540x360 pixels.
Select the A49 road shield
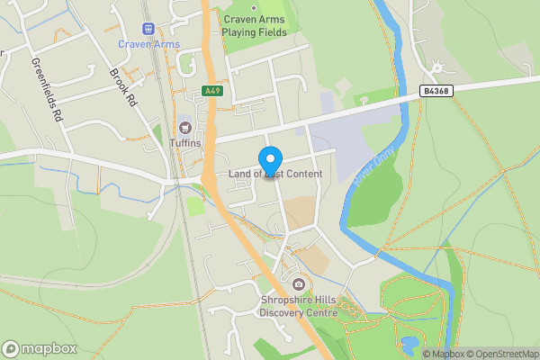[x=211, y=91]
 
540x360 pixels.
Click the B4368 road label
[x=436, y=91]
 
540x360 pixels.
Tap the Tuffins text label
[x=184, y=143]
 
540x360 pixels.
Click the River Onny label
[x=373, y=167]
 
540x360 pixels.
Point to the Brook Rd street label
[x=122, y=88]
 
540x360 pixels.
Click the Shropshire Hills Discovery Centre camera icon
[x=298, y=285]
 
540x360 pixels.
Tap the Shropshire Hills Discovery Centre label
[x=298, y=307]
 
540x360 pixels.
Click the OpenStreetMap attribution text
[x=498, y=354]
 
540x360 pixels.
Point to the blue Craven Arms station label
[x=148, y=44]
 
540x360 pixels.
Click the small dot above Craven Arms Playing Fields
[x=254, y=7]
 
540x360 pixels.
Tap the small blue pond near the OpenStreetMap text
[x=409, y=342]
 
